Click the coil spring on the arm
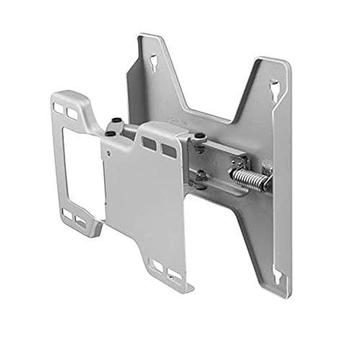[248, 178]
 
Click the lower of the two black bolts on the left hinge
[109, 134]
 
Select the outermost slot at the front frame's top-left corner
[59, 108]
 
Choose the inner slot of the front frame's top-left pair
[72, 114]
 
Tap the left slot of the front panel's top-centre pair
[149, 143]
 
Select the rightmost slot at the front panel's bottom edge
[174, 275]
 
